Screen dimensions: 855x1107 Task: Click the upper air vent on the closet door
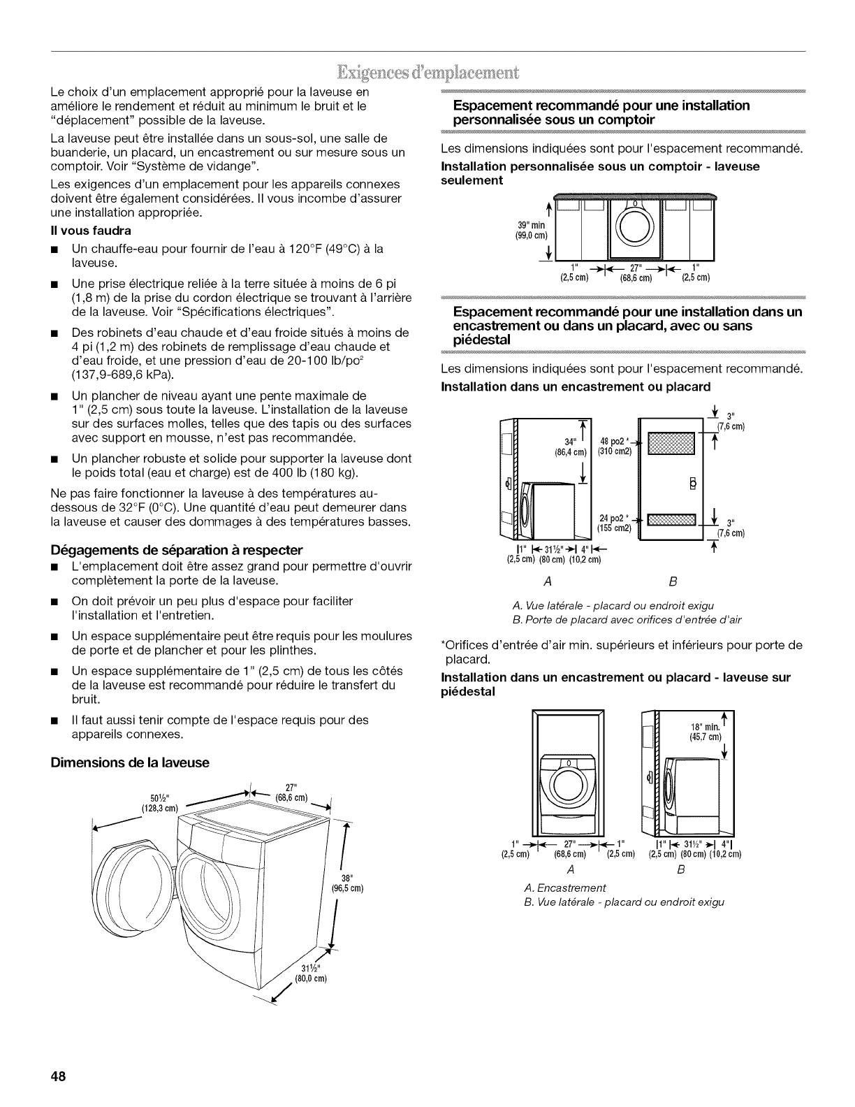(671, 442)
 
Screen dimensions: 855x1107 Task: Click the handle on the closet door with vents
(692, 484)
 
